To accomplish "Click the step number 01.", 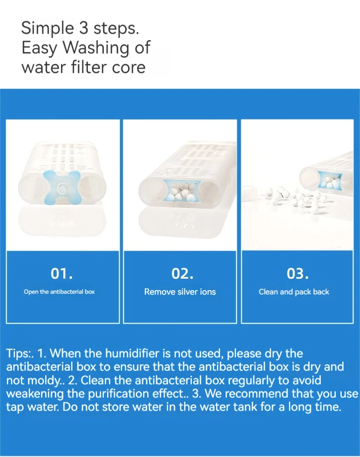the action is (x=62, y=273).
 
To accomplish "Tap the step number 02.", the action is (x=182, y=273).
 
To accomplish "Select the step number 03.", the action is (x=298, y=273).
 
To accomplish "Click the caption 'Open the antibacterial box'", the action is (x=59, y=292).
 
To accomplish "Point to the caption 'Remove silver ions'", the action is (x=180, y=292).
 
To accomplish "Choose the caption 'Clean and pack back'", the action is (x=294, y=292).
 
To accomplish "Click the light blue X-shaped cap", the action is (x=62, y=187).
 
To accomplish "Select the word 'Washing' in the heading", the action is (x=96, y=48).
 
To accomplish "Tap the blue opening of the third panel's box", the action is (x=330, y=181).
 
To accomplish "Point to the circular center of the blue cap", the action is (x=62, y=188).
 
